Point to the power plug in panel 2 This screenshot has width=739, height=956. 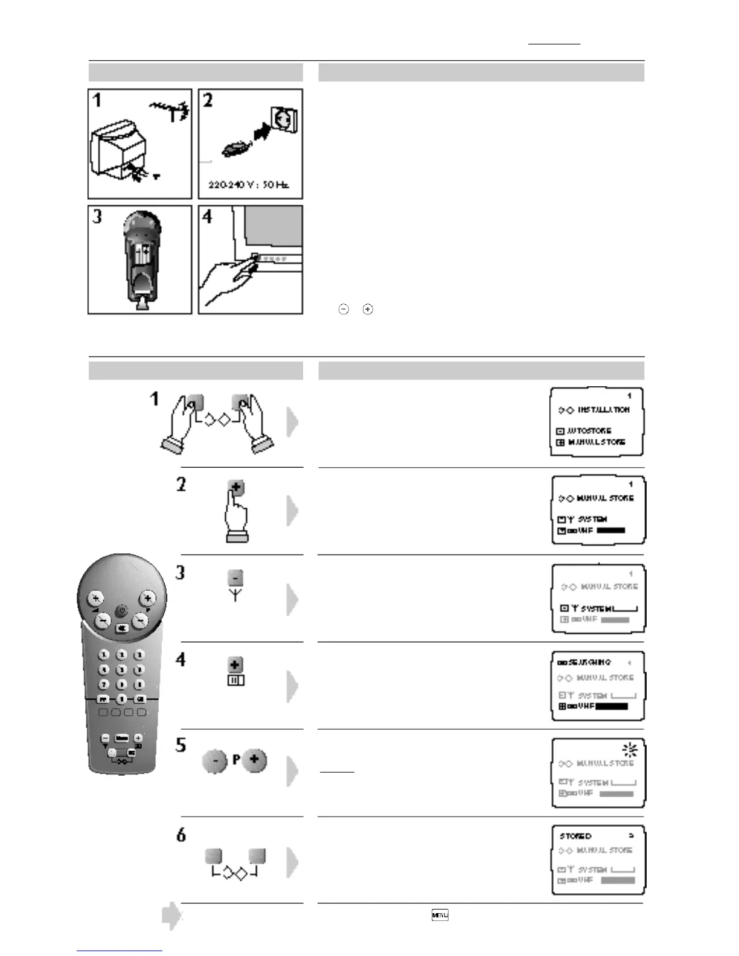coord(234,148)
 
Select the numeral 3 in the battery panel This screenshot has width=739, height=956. coord(97,217)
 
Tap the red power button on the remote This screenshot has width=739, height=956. coord(122,611)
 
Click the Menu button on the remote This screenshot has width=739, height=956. coord(121,738)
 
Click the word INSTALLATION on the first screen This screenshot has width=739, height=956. coord(603,410)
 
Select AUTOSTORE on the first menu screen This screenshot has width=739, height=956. coord(589,431)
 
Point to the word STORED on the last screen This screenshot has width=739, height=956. coord(575,836)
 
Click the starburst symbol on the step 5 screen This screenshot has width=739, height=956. coord(630,750)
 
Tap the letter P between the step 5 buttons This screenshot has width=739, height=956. coord(236,760)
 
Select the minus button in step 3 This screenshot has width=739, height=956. coord(235,578)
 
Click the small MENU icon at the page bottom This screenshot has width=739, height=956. coord(440,915)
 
